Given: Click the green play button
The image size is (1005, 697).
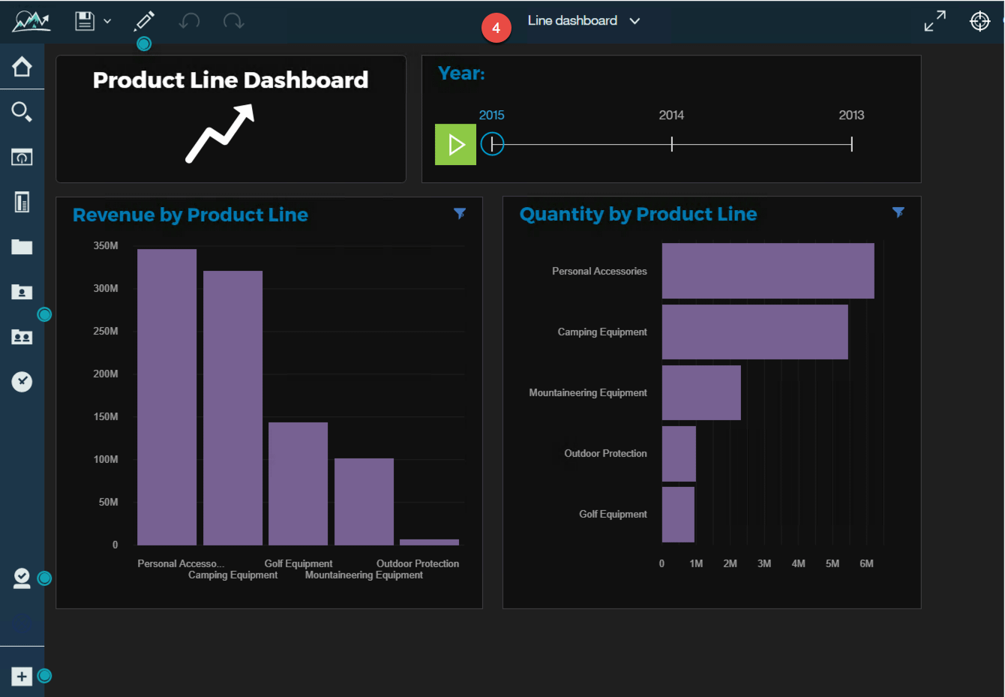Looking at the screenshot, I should pyautogui.click(x=455, y=144).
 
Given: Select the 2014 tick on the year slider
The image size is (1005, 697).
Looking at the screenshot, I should pyautogui.click(x=671, y=144).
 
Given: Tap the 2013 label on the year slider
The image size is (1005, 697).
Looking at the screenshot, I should pyautogui.click(x=851, y=115).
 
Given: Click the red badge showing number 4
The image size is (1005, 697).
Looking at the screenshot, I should pyautogui.click(x=496, y=28).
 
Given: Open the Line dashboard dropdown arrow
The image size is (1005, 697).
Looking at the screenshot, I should pyautogui.click(x=635, y=21).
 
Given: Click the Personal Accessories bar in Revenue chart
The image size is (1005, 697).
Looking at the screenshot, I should pyautogui.click(x=166, y=397).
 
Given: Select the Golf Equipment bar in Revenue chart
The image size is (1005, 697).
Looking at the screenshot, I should pyautogui.click(x=298, y=483).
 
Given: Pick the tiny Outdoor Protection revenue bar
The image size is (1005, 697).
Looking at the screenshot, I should pyautogui.click(x=429, y=542).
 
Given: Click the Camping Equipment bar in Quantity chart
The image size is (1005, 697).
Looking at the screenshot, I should pyautogui.click(x=754, y=332).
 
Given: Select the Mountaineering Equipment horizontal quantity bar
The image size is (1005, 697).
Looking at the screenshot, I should pyautogui.click(x=701, y=392).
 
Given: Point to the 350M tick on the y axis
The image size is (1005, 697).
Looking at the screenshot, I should pyautogui.click(x=106, y=245).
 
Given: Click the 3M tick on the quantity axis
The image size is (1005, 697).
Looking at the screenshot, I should pyautogui.click(x=764, y=563).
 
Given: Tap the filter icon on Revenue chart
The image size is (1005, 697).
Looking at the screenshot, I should pyautogui.click(x=460, y=214).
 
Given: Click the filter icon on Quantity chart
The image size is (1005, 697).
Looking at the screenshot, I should pyautogui.click(x=898, y=212).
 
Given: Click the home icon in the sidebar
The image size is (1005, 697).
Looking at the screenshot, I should pyautogui.click(x=22, y=67).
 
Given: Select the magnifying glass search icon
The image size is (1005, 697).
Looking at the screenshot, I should pyautogui.click(x=22, y=112).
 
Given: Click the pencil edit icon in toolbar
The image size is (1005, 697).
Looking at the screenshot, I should pyautogui.click(x=144, y=21).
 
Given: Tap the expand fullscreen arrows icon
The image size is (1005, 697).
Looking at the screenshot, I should pyautogui.click(x=934, y=21).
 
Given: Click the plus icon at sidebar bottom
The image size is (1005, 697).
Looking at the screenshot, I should pyautogui.click(x=22, y=676).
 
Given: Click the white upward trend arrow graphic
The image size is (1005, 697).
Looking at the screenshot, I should pyautogui.click(x=220, y=134).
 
